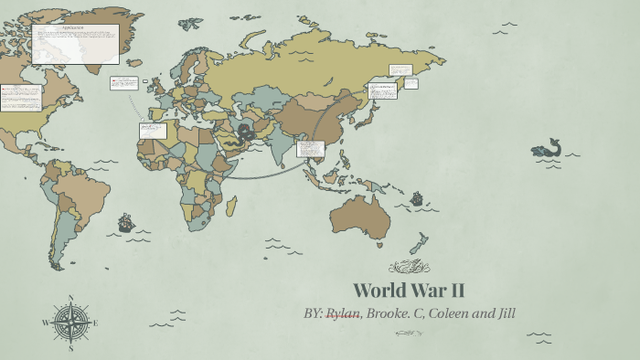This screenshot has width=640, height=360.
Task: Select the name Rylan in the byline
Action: pyautogui.click(x=343, y=313)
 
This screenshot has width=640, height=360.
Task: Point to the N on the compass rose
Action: pyautogui.click(x=70, y=298)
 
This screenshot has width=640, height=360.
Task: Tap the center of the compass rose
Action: pyautogui.click(x=70, y=323)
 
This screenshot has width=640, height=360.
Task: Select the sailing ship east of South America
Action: pyautogui.click(x=125, y=222)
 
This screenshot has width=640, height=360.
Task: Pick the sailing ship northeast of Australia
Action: pyautogui.click(x=417, y=197)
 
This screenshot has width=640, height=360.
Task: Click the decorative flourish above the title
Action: pyautogui.click(x=409, y=267)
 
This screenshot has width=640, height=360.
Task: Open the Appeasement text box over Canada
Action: pyautogui.click(x=75, y=44)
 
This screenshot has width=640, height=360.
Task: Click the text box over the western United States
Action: pyautogui.click(x=21, y=97)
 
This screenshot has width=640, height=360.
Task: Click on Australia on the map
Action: pyautogui.click(x=360, y=217)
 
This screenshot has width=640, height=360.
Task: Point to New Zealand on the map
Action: pyautogui.click(x=418, y=245)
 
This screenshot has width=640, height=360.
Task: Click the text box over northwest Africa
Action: pyautogui.click(x=153, y=131)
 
